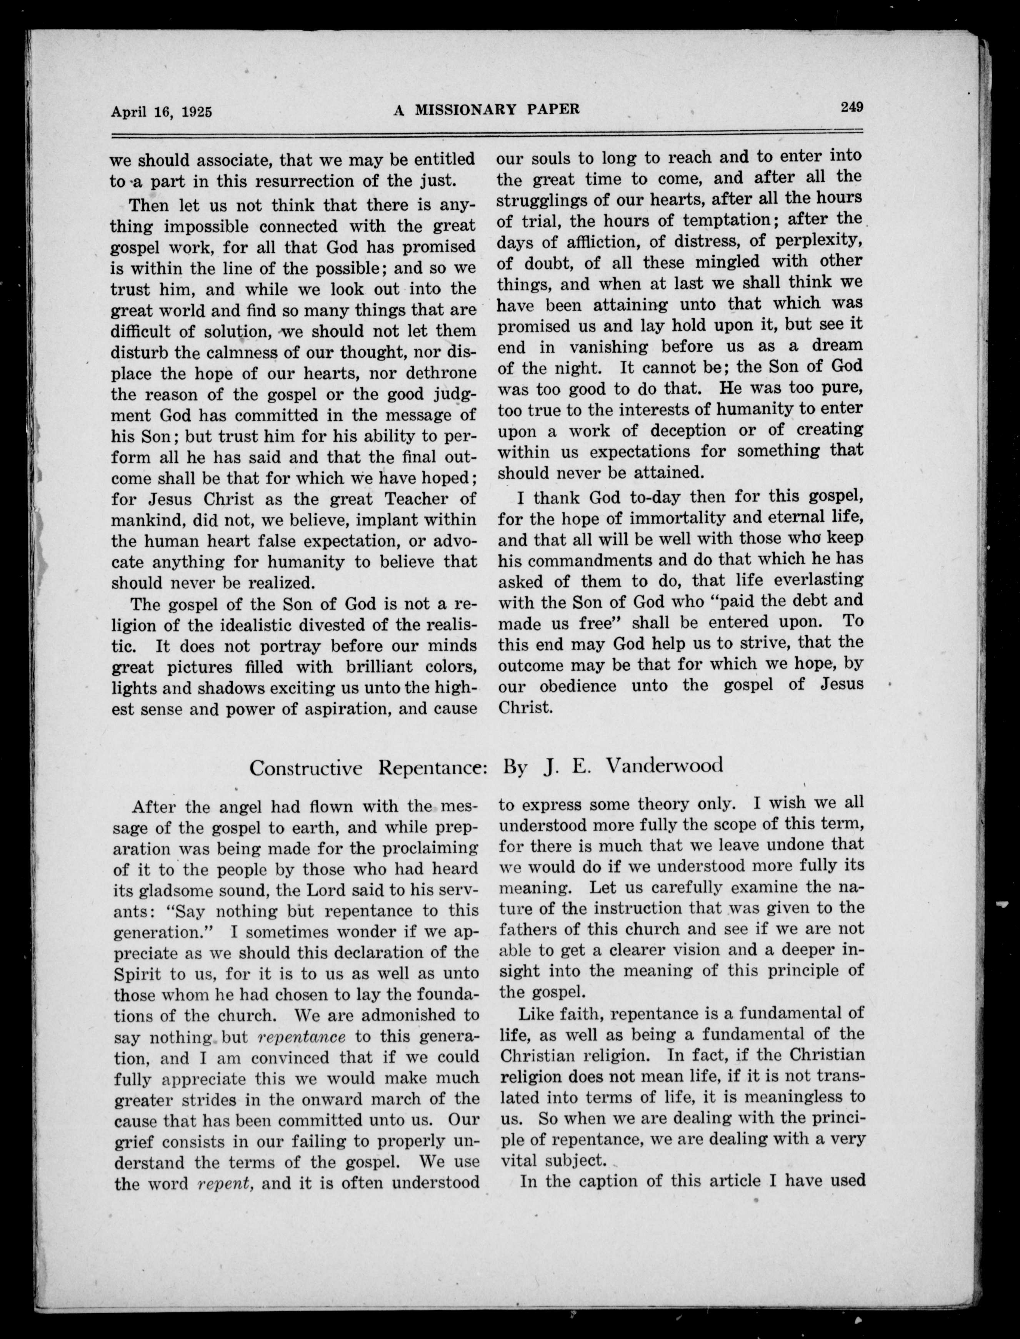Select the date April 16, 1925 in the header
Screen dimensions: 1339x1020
161,111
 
